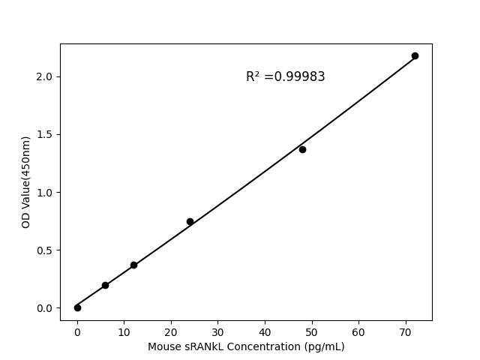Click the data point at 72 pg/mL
(415, 56)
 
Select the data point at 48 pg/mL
(302, 149)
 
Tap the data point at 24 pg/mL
(190, 221)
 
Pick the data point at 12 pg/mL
(133, 265)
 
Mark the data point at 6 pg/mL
(105, 285)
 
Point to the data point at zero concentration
(77, 307)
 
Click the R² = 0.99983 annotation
(285, 76)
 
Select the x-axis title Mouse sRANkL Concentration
(246, 346)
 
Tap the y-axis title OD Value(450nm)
(25, 182)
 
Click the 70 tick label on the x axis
(406, 331)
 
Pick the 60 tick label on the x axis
(358, 331)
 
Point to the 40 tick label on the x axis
(265, 331)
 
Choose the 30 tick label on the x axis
(217, 331)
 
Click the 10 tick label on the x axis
(124, 331)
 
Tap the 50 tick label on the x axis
(312, 331)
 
